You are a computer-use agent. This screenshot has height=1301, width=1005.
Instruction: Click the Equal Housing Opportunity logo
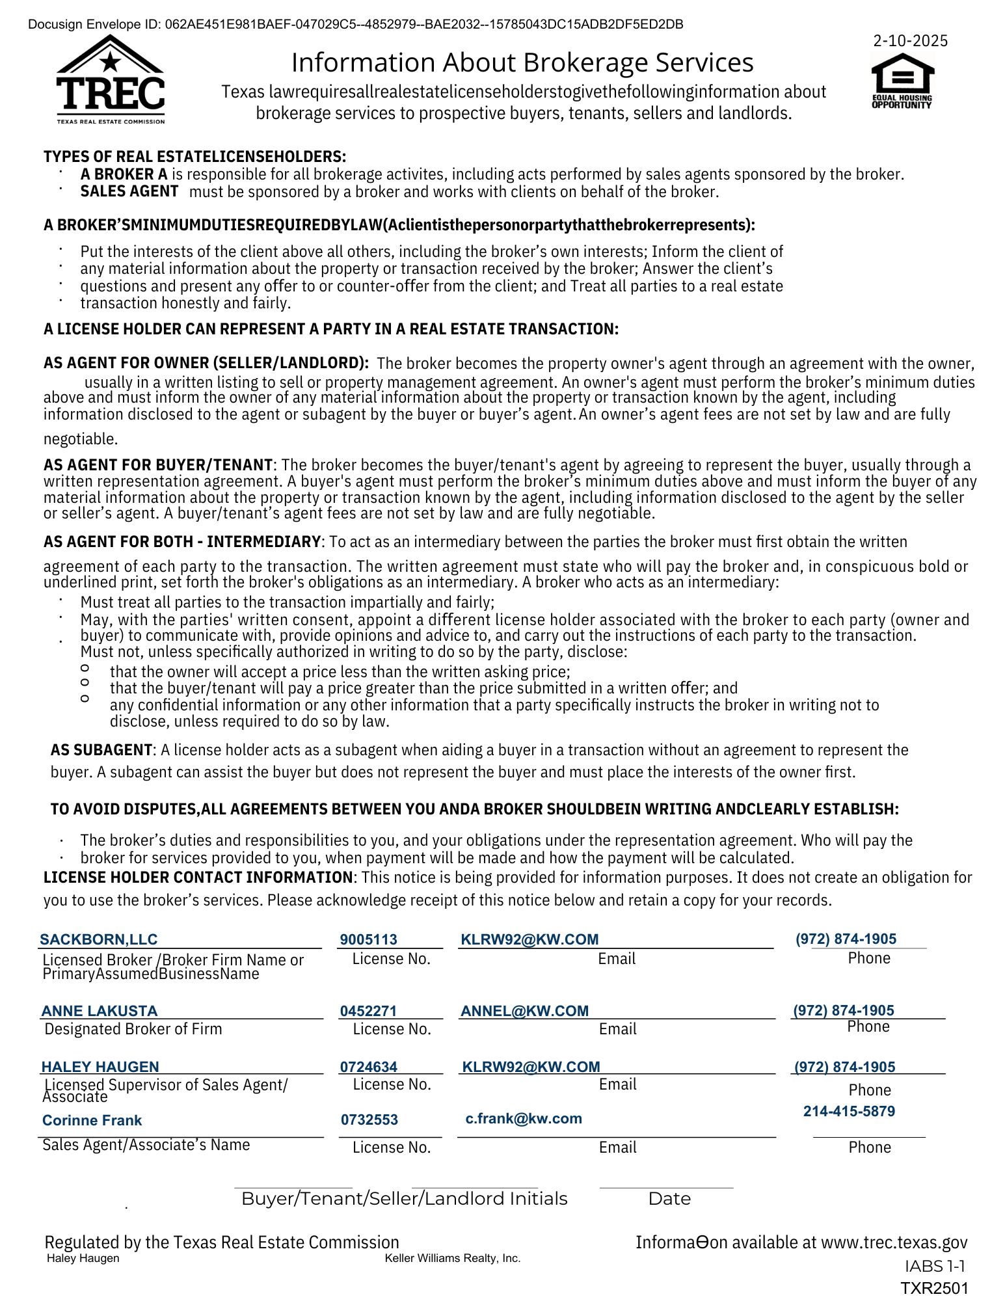(x=902, y=81)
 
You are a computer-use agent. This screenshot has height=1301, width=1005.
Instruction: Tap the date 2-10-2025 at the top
(x=910, y=41)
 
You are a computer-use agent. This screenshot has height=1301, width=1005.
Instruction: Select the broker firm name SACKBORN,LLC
(x=99, y=939)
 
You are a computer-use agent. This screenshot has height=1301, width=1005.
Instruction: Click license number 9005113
(x=368, y=939)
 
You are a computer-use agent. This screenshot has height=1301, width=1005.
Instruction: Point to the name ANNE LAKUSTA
(x=100, y=1011)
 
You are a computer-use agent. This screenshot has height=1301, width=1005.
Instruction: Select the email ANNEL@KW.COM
(x=524, y=1011)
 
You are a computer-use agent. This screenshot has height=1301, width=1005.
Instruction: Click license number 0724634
(x=368, y=1067)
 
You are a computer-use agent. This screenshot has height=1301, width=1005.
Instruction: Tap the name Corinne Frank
(x=92, y=1120)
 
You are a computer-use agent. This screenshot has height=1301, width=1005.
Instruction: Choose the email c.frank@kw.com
(x=524, y=1119)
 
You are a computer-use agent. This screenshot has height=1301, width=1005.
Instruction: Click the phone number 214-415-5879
(x=849, y=1111)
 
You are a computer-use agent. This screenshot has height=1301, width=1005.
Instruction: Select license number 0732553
(x=369, y=1120)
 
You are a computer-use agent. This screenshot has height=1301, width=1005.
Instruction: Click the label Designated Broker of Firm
(x=133, y=1029)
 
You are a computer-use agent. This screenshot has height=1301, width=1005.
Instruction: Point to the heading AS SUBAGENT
(x=101, y=750)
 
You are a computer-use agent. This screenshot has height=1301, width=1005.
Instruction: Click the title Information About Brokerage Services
(x=522, y=62)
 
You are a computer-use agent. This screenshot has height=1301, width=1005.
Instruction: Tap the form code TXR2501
(x=934, y=1288)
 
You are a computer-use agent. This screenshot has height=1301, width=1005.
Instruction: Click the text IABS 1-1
(x=934, y=1266)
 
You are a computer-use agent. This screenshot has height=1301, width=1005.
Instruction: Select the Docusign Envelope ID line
(x=356, y=25)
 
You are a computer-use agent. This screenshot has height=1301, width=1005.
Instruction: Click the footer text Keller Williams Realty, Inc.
(x=453, y=1258)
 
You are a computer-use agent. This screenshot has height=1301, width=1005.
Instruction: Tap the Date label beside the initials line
(x=669, y=1199)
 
